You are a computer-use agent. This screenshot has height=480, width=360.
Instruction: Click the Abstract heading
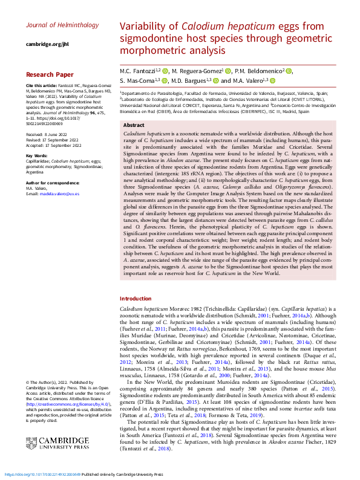point(134,125)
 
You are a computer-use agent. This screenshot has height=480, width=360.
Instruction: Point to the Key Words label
point(38,155)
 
